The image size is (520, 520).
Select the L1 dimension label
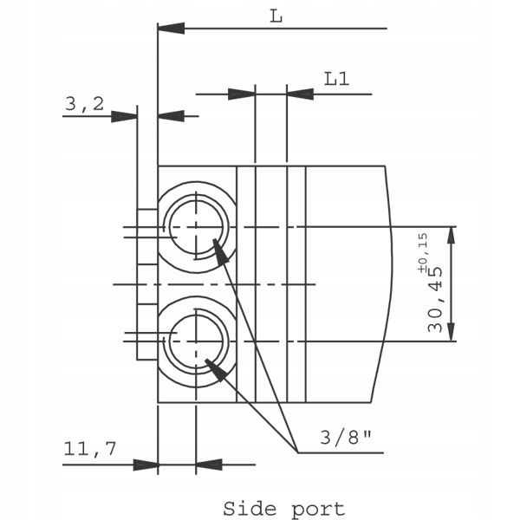[x=337, y=78]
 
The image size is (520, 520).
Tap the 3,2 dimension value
[x=84, y=104]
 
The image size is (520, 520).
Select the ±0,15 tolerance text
[x=423, y=251]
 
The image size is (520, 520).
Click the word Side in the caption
[x=250, y=509]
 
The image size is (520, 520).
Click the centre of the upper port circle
[x=197, y=226]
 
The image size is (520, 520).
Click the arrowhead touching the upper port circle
[x=219, y=251]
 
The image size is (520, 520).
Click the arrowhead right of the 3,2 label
[x=125, y=115]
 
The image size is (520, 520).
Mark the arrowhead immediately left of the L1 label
[x=300, y=93]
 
